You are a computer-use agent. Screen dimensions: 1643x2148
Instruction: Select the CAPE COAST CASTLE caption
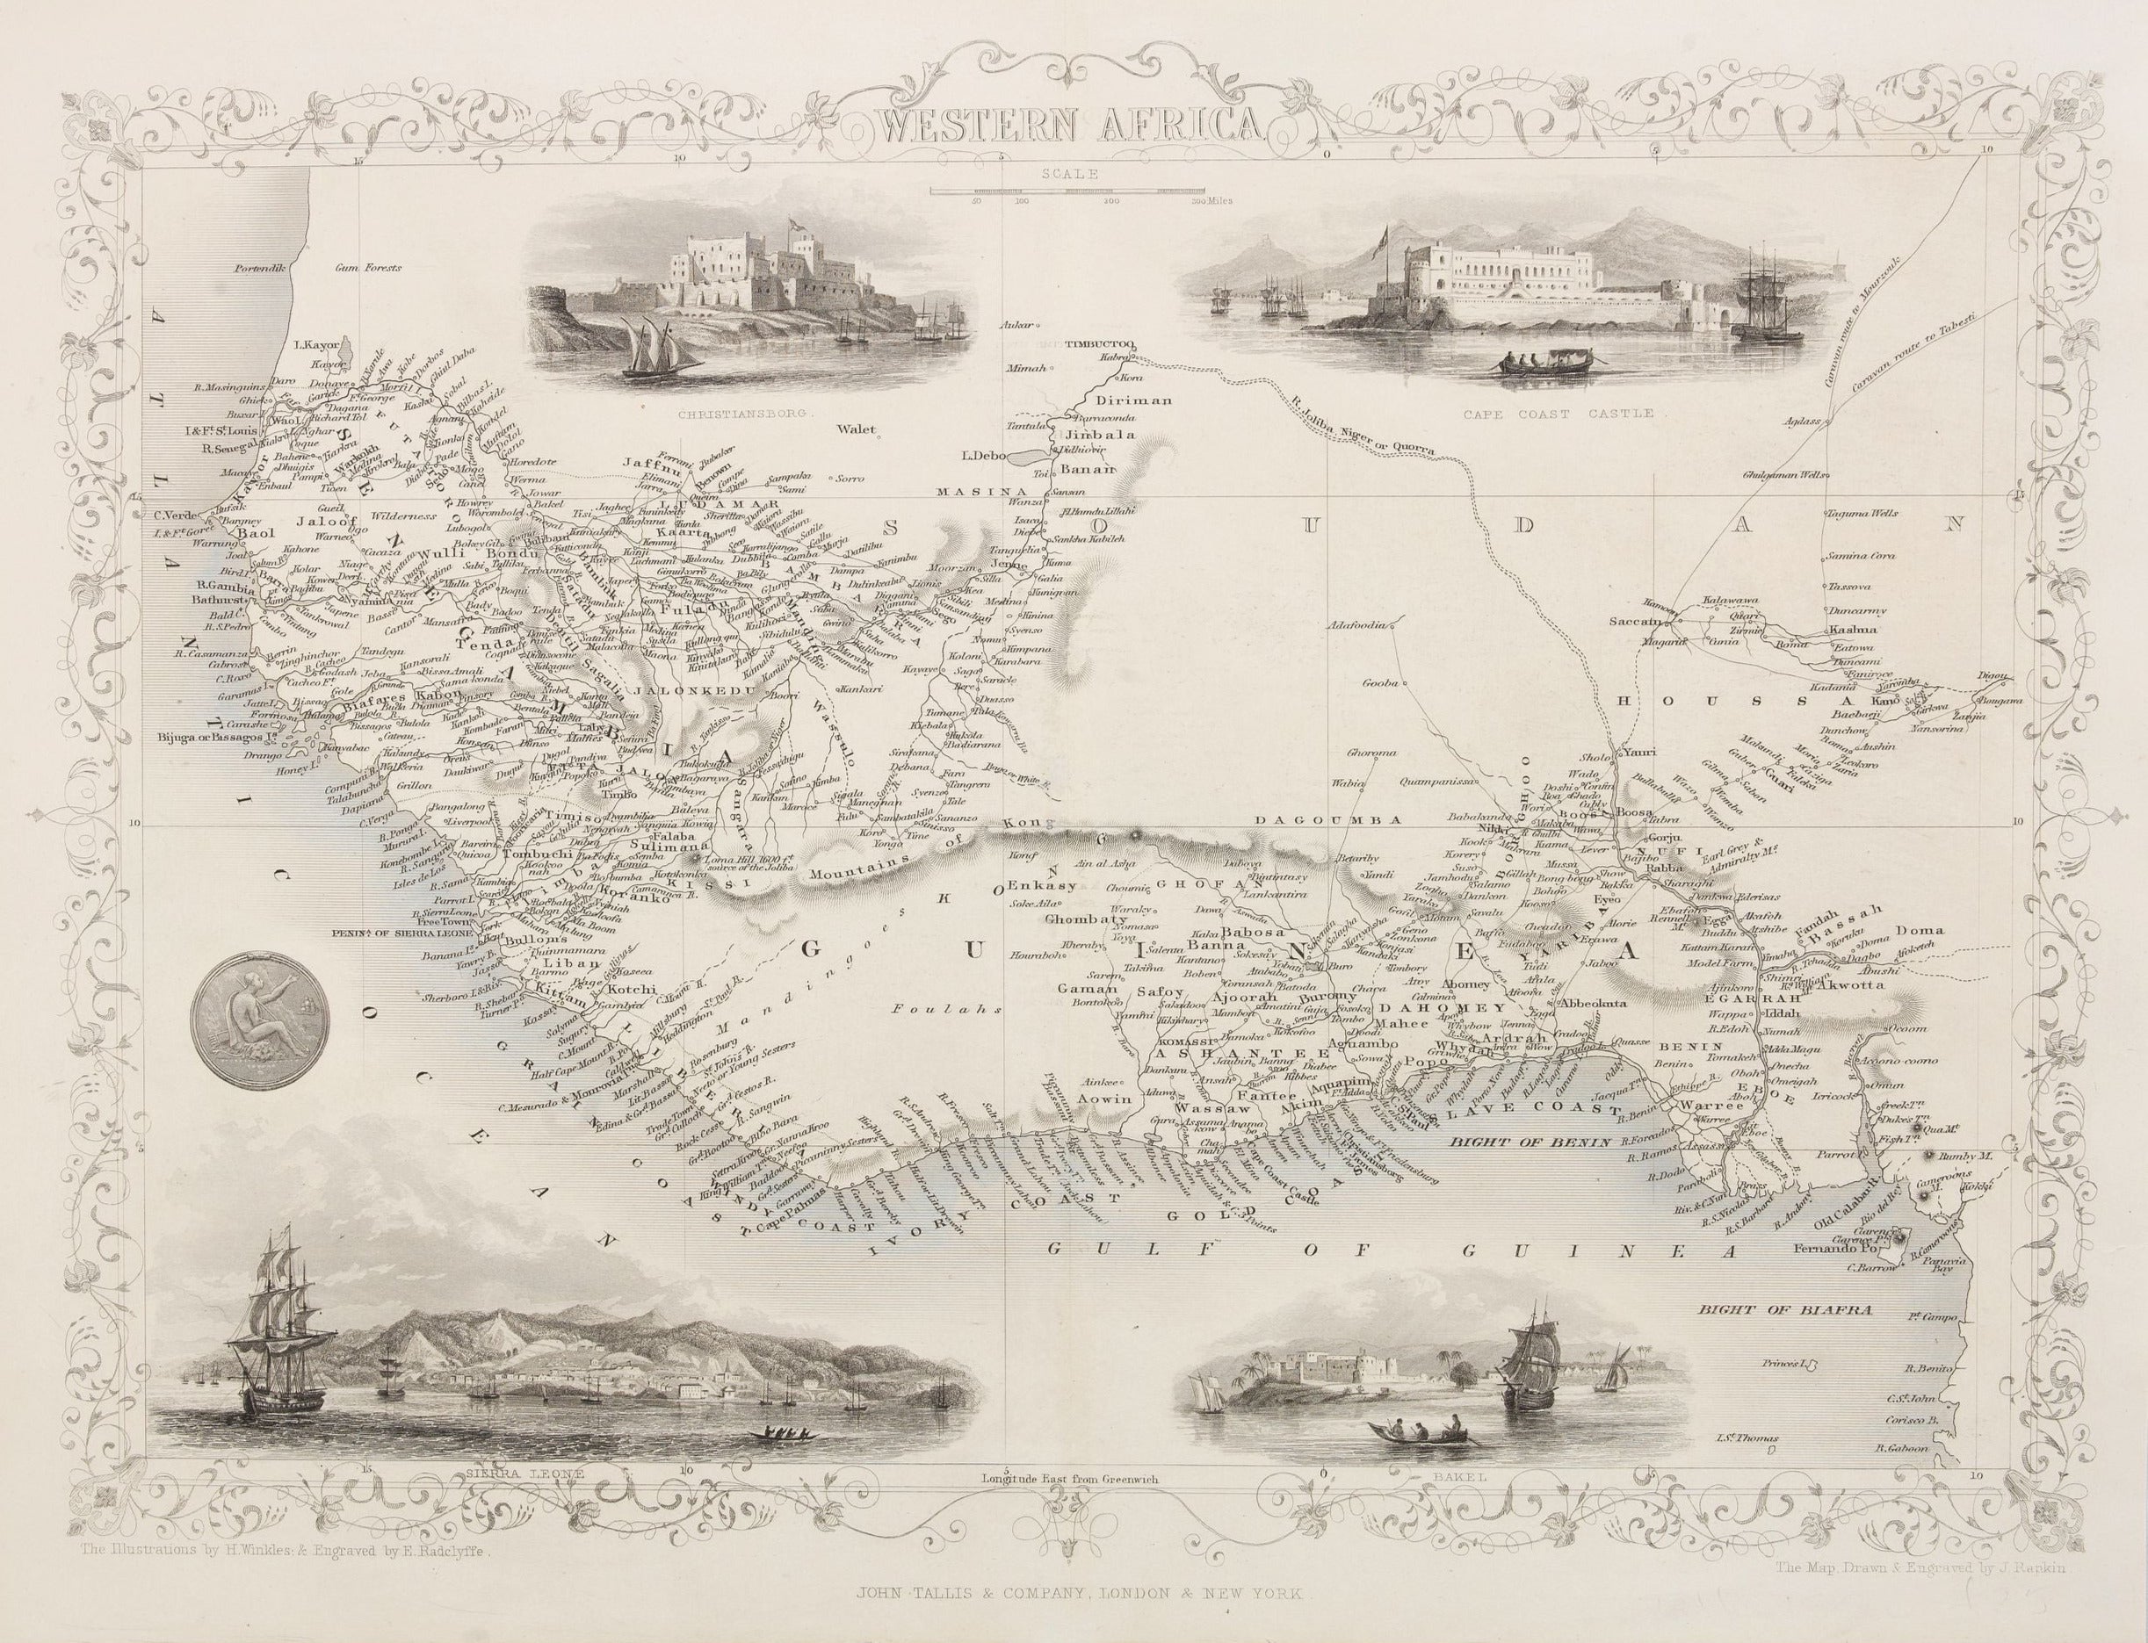1558,414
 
